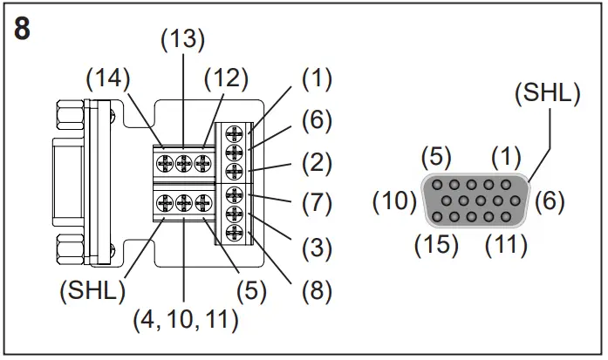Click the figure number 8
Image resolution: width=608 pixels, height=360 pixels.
click(23, 28)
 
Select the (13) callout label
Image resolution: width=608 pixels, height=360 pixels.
click(183, 41)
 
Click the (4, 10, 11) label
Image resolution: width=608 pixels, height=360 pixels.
click(184, 320)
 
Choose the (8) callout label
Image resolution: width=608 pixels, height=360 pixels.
click(317, 290)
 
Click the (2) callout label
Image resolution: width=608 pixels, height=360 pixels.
click(317, 160)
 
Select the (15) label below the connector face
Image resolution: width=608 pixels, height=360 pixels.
click(434, 243)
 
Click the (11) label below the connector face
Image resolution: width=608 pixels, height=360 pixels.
click(506, 243)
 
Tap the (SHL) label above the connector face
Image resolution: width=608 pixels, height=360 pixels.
click(547, 92)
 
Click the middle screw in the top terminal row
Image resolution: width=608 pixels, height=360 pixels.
click(184, 162)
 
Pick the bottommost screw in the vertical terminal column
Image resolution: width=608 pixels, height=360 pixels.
click(234, 233)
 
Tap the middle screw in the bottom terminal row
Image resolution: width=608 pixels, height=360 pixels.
click(184, 204)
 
